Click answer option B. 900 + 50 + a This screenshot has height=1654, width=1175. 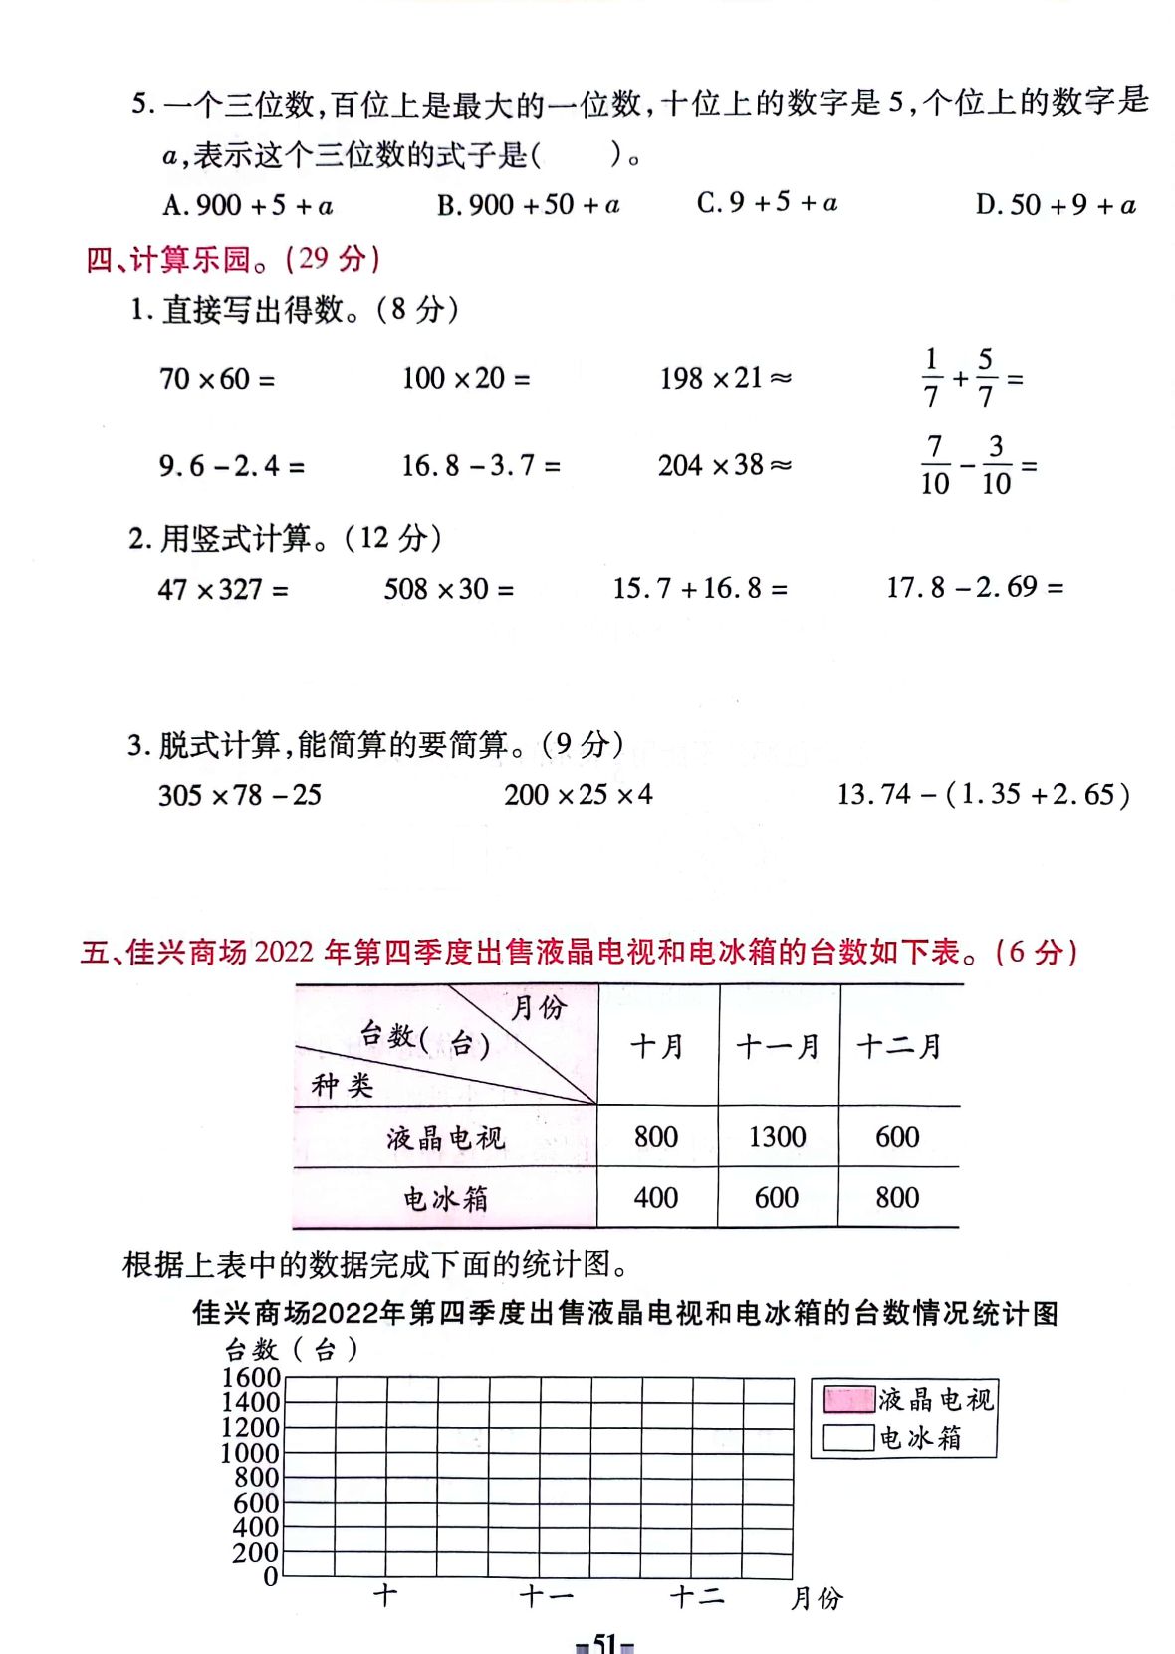[x=529, y=205]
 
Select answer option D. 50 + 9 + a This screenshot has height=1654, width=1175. [x=1056, y=205]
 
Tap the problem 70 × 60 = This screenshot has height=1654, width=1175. [x=217, y=379]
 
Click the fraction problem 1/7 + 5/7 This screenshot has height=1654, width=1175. [x=971, y=379]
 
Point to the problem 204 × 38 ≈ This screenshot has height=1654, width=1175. [x=724, y=465]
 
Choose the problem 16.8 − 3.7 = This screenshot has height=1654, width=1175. [x=480, y=465]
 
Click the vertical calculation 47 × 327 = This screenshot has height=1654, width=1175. [x=223, y=589]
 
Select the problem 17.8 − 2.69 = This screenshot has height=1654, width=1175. [x=975, y=587]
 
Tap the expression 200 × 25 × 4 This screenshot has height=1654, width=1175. [x=578, y=795]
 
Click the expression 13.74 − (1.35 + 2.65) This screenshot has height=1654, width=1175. [x=983, y=795]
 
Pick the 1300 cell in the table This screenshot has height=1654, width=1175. [x=777, y=1137]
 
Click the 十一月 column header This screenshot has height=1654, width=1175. [x=777, y=1046]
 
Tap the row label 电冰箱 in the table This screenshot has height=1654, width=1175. [x=445, y=1198]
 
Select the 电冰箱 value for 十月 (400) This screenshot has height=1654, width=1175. [x=655, y=1198]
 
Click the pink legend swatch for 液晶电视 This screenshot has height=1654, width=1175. [x=848, y=1400]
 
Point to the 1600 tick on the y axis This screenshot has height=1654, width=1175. [x=251, y=1378]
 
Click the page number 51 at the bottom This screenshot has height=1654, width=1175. [x=605, y=1642]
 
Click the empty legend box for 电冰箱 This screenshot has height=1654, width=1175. [x=848, y=1437]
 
